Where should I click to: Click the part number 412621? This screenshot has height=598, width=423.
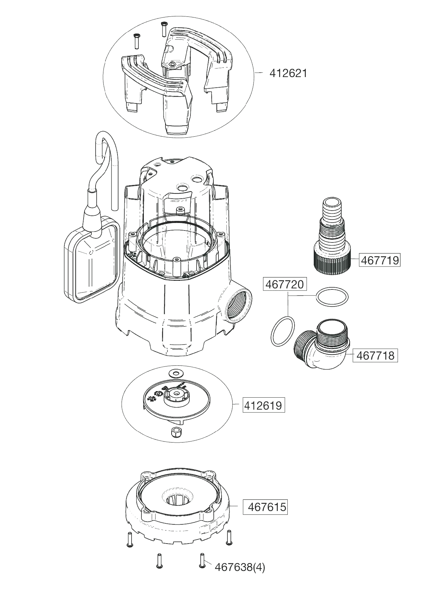click(288, 73)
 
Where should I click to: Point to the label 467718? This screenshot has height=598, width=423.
click(375, 356)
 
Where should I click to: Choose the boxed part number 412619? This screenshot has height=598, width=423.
click(264, 406)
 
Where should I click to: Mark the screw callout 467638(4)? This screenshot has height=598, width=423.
click(240, 567)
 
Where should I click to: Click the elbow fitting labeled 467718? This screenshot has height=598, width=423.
click(322, 346)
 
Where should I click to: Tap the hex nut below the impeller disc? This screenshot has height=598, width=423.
click(175, 432)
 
